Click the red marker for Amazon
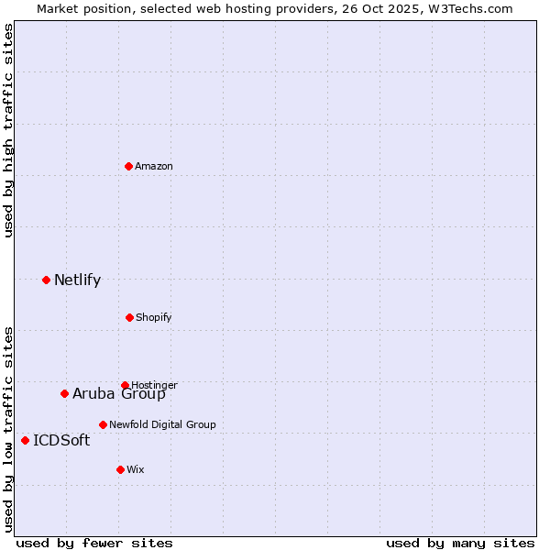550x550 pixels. click(x=128, y=166)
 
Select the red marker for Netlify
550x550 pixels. click(x=46, y=280)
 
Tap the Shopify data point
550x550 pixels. click(x=129, y=317)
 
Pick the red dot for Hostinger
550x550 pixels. click(x=125, y=385)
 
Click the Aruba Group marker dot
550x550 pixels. click(x=64, y=393)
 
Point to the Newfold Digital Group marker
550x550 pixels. click(x=103, y=424)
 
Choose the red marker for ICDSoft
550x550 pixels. click(x=25, y=440)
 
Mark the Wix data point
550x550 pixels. click(x=120, y=469)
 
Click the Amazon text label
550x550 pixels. click(x=154, y=166)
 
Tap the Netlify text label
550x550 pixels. click(x=77, y=280)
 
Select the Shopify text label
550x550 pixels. click(x=154, y=317)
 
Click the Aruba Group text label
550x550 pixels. click(x=119, y=394)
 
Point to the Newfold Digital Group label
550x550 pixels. click(x=162, y=424)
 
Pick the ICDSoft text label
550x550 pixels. click(x=61, y=441)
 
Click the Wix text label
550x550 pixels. click(x=136, y=469)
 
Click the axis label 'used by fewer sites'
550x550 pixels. click(x=94, y=543)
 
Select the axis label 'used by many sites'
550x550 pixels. click(x=460, y=543)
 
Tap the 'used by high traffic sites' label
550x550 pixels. click(x=8, y=130)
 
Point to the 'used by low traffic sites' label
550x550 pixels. click(x=8, y=429)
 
